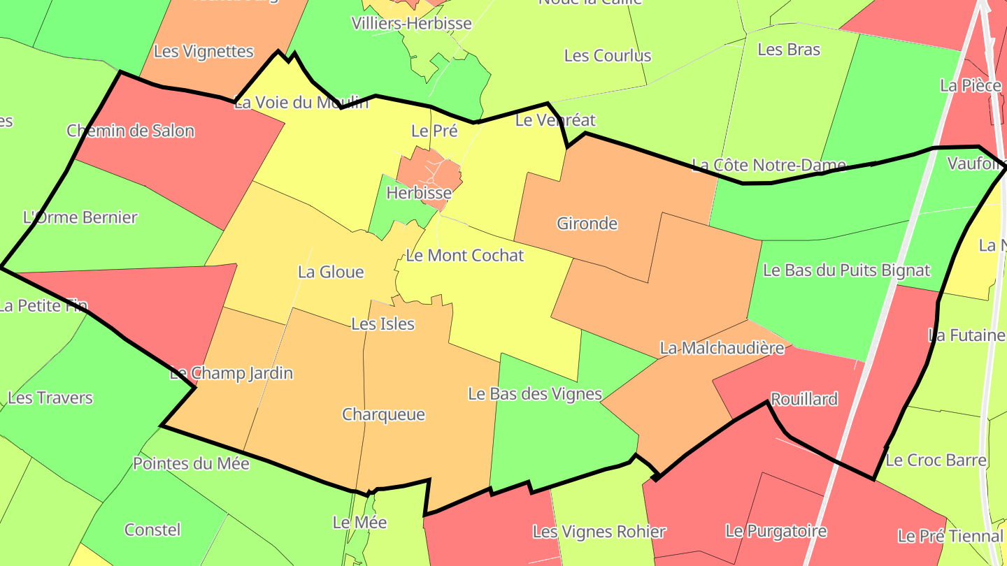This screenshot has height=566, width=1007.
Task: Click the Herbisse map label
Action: (x=419, y=192)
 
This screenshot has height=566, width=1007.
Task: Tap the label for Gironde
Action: (x=587, y=224)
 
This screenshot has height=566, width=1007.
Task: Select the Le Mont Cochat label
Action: (x=464, y=256)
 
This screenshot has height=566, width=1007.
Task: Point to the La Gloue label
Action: (x=331, y=272)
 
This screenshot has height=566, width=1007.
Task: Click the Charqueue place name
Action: (x=383, y=414)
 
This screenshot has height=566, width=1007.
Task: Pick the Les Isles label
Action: (x=383, y=324)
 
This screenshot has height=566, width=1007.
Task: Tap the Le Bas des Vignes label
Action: (x=534, y=394)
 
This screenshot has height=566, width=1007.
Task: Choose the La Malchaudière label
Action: (x=722, y=348)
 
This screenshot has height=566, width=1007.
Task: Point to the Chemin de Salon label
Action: (x=131, y=131)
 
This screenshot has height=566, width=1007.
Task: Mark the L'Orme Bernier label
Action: (x=80, y=217)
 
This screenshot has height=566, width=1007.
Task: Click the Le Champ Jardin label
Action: (x=231, y=373)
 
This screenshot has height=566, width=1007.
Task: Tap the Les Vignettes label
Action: (x=203, y=51)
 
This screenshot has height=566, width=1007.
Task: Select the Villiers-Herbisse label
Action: (x=411, y=24)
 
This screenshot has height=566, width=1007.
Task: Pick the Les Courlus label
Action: (x=607, y=56)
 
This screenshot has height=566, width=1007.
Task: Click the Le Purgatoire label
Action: (x=776, y=531)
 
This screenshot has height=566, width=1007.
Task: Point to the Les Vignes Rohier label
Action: (x=599, y=532)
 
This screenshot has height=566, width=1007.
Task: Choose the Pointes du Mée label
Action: (x=191, y=463)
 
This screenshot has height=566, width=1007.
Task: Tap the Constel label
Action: (x=152, y=530)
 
